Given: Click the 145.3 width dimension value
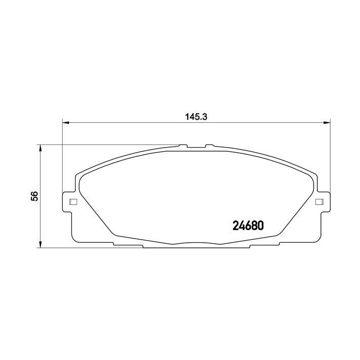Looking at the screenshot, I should pos(195,116).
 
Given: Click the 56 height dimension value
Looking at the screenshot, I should pos(34,196).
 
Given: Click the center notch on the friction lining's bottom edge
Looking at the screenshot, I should pos(196,243).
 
